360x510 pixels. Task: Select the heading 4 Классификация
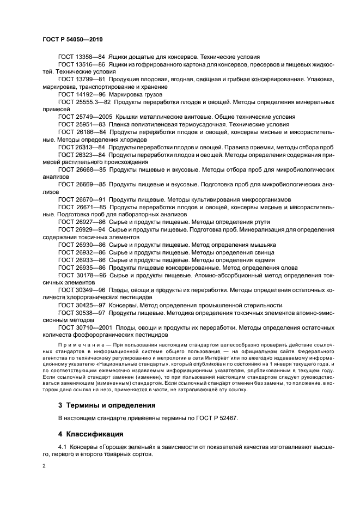point(90,434)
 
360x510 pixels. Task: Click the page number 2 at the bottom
point(44,466)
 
